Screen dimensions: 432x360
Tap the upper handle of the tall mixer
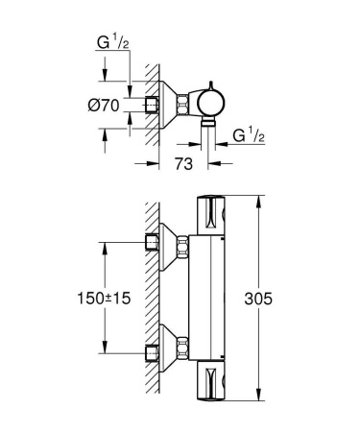[214, 214]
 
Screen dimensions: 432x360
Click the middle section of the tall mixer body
[214, 298]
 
